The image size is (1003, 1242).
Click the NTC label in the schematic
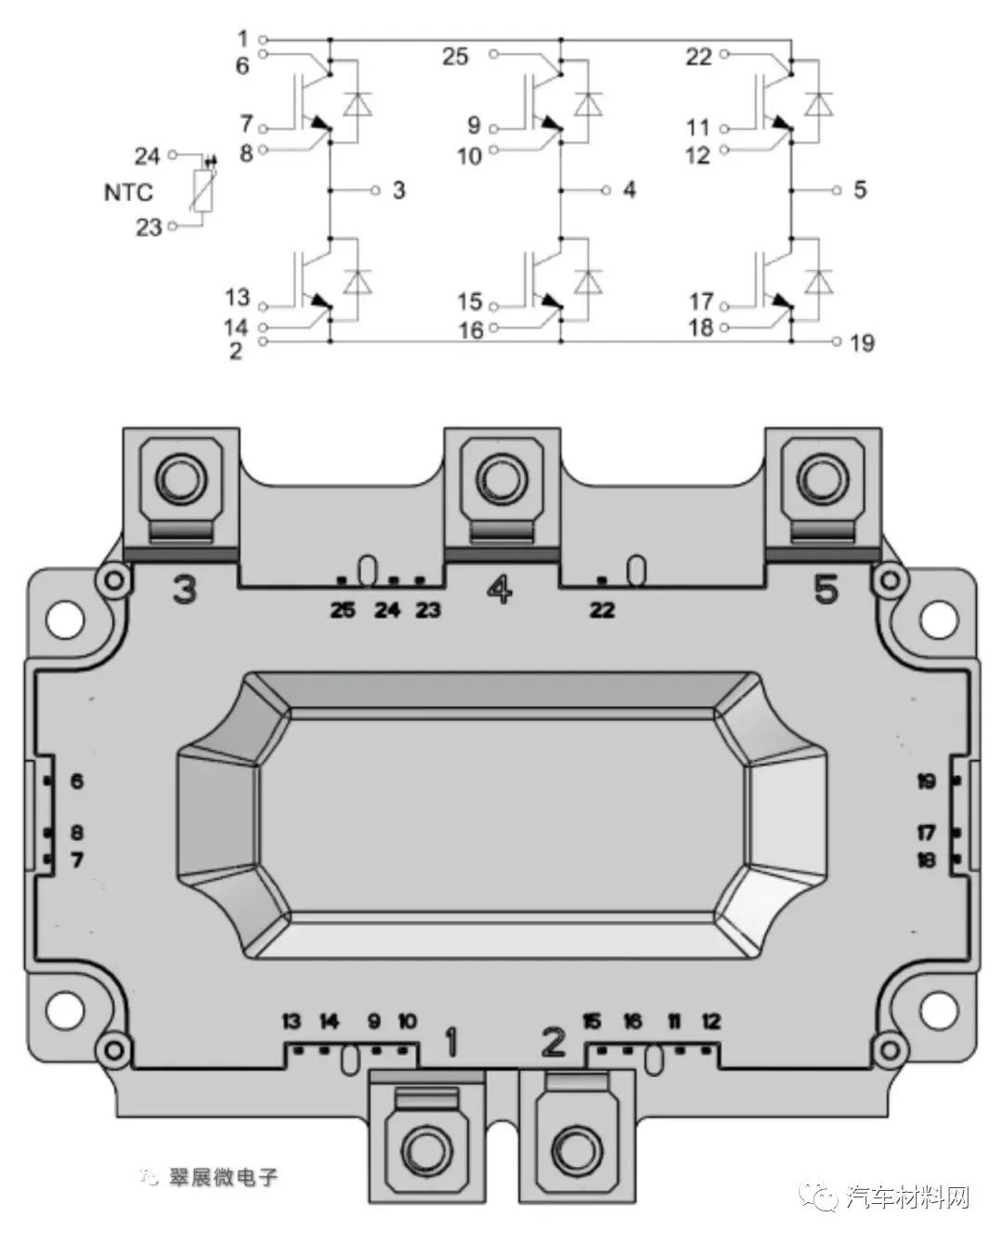pos(128,193)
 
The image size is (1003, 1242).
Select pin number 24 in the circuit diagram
pos(147,156)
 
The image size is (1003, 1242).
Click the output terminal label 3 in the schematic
pos(398,190)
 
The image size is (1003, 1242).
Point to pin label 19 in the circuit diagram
pos(862,343)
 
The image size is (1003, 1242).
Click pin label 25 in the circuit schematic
pos(455,57)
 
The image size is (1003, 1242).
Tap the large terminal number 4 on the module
pos(499,589)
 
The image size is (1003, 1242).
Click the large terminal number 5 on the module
pos(826,589)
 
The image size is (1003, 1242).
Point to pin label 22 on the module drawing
pos(603,611)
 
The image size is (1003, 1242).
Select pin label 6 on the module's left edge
pos(76,781)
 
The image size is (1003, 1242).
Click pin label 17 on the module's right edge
pos(926,833)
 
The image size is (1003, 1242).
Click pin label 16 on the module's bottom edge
pos(632,1022)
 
